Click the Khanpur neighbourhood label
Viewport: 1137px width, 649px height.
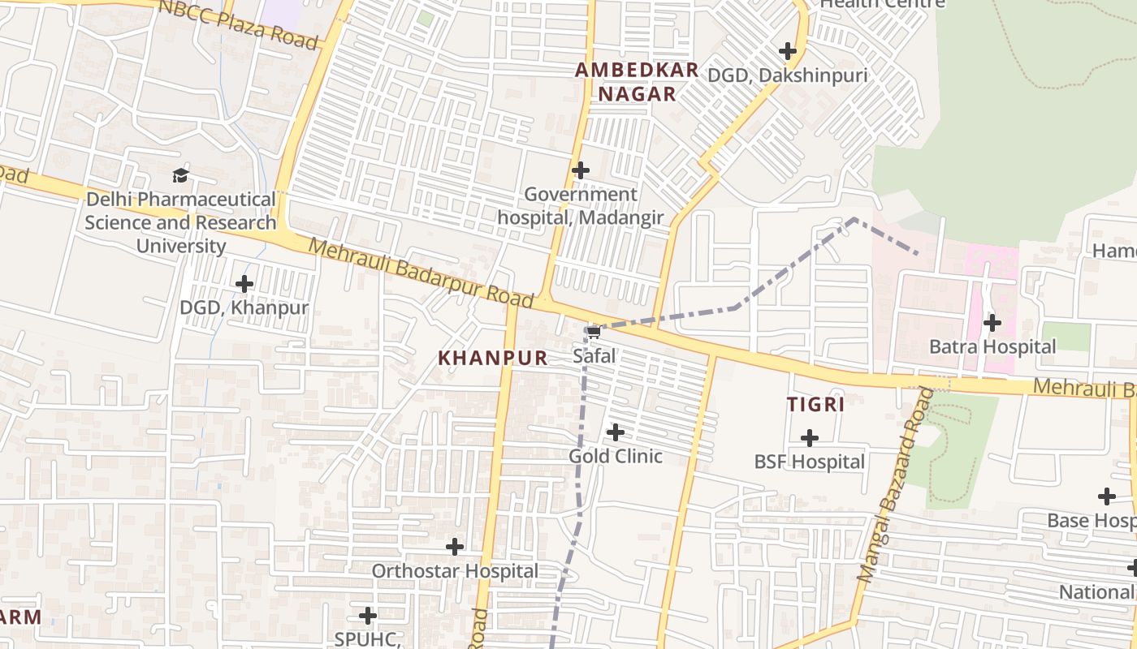[x=493, y=358]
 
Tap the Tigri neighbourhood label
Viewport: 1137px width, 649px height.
[x=815, y=404]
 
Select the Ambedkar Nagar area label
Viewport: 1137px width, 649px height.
[x=637, y=81]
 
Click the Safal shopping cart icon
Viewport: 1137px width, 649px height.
[x=593, y=331]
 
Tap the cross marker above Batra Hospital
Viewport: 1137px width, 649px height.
[x=992, y=323]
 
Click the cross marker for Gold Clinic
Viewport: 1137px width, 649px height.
[x=616, y=432]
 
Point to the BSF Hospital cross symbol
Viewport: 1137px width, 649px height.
[x=810, y=438]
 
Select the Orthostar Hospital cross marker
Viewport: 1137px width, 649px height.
[x=455, y=547]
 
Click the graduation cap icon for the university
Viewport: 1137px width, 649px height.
[x=180, y=175]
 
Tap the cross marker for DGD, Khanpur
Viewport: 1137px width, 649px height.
[x=244, y=284]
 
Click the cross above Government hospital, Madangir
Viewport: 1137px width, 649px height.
[x=581, y=170]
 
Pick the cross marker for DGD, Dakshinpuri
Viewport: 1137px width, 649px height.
[x=787, y=51]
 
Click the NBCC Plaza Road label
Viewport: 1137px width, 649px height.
[x=238, y=24]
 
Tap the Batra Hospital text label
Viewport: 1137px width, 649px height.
[x=992, y=347]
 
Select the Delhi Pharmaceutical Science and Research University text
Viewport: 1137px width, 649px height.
[x=180, y=222]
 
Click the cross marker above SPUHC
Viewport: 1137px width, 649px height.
[x=368, y=616]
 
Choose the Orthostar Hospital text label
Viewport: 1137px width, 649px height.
[x=455, y=571]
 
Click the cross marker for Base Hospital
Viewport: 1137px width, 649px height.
[x=1106, y=496]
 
